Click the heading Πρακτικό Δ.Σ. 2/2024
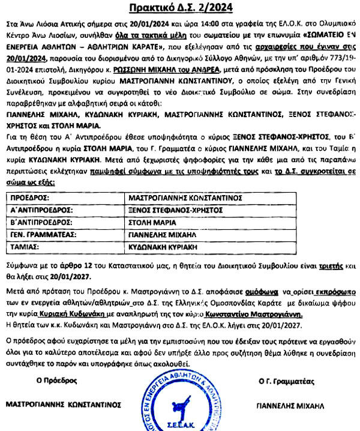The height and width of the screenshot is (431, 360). coord(179,7)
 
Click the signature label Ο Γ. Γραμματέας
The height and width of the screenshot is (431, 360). coord(290,379)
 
